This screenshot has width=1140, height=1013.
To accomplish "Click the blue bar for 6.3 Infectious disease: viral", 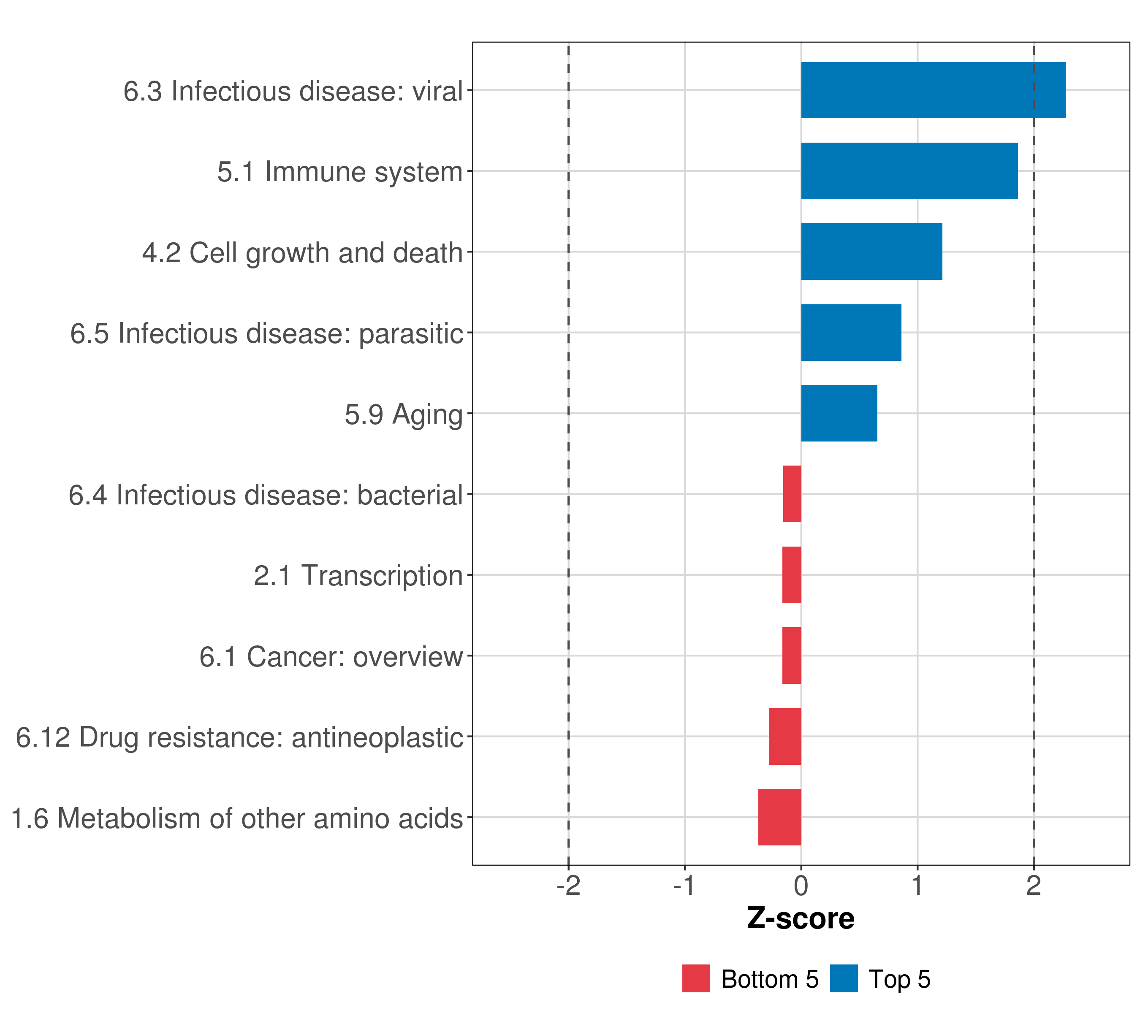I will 933,90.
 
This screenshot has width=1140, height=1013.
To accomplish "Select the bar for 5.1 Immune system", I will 909,171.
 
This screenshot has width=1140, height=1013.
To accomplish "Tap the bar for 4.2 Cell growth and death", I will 871,252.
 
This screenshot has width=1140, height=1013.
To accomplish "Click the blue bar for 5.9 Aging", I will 839,413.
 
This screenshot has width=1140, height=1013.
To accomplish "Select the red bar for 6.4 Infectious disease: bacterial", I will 792,494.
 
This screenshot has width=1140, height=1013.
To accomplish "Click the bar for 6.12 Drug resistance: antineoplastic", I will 785,737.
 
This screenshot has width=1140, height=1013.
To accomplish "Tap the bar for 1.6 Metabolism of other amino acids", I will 780,817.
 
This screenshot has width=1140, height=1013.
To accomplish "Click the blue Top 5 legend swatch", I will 843,978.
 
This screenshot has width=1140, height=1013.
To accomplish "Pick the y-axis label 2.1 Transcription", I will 358,576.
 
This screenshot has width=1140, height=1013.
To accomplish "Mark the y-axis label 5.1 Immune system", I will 339,172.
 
